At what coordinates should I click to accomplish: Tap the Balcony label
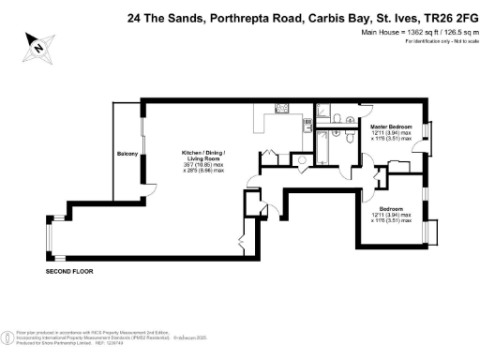[127, 154]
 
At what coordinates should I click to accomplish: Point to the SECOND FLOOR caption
[69, 271]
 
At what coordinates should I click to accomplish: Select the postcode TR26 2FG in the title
[447, 16]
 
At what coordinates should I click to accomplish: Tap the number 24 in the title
[133, 16]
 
